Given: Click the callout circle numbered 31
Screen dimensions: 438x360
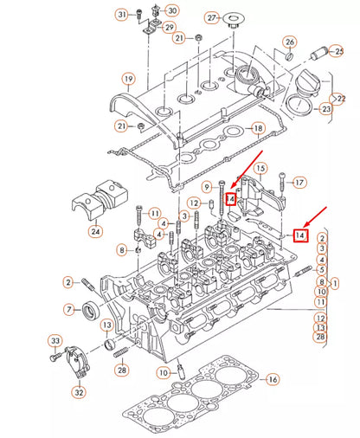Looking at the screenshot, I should (x=121, y=14).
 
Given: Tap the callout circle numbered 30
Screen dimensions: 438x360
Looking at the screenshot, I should (x=173, y=10).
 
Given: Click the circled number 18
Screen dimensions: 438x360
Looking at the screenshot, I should (x=257, y=128).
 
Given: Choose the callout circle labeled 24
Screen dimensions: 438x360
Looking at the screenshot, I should (x=95, y=231).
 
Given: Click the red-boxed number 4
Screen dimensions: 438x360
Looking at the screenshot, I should (x=231, y=199).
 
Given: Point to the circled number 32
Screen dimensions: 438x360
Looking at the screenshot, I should (x=79, y=391).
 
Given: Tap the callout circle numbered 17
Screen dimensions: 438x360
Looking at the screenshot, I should (x=299, y=183).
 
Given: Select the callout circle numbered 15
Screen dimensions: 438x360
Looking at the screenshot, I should (x=260, y=166).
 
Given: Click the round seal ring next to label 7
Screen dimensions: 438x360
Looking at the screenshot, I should (x=90, y=310).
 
